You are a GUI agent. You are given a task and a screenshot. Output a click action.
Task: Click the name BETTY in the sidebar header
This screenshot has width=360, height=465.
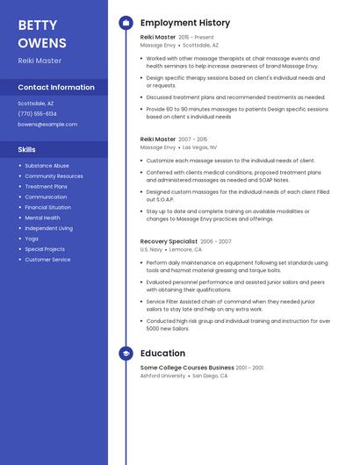pyautogui.click(x=37, y=25)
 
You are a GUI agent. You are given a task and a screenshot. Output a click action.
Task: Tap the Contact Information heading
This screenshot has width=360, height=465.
pyautogui.click(x=56, y=87)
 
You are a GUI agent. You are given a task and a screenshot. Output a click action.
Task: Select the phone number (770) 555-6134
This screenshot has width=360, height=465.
pyautogui.click(x=37, y=113)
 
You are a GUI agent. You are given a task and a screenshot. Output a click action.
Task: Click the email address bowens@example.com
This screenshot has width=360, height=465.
pyautogui.click(x=47, y=124)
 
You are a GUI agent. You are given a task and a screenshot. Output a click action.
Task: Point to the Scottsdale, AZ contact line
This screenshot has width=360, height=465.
pyautogui.click(x=35, y=103)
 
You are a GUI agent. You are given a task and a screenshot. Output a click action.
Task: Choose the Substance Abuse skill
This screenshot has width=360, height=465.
pyautogui.click(x=47, y=166)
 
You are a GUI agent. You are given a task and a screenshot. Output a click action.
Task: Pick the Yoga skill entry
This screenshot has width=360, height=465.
pyautogui.click(x=32, y=239)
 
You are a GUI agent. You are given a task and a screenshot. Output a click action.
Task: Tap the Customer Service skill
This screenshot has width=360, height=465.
pyautogui.click(x=47, y=260)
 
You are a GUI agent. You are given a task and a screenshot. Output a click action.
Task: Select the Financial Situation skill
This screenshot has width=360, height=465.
pyautogui.click(x=48, y=207)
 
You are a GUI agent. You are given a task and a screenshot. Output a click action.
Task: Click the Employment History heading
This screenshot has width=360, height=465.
pyautogui.click(x=185, y=23)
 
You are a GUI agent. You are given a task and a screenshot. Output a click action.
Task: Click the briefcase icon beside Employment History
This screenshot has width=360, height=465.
pyautogui.click(x=126, y=23)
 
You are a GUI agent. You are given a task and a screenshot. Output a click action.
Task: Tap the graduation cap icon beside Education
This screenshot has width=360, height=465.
pyautogui.click(x=126, y=354)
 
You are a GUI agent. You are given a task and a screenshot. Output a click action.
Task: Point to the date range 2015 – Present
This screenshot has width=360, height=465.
pyautogui.click(x=196, y=38)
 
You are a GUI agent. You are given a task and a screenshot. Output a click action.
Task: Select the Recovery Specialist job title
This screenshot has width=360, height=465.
pyautogui.click(x=169, y=240)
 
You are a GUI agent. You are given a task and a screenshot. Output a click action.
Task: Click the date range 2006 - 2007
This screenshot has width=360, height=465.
pyautogui.click(x=216, y=241)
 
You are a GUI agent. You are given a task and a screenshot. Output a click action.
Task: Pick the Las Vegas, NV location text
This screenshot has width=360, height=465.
pyautogui.click(x=199, y=147)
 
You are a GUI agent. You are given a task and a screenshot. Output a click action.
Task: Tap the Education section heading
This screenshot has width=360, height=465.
pyautogui.click(x=162, y=354)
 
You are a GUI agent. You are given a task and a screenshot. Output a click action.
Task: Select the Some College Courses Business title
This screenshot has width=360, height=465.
pyautogui.click(x=187, y=368)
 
